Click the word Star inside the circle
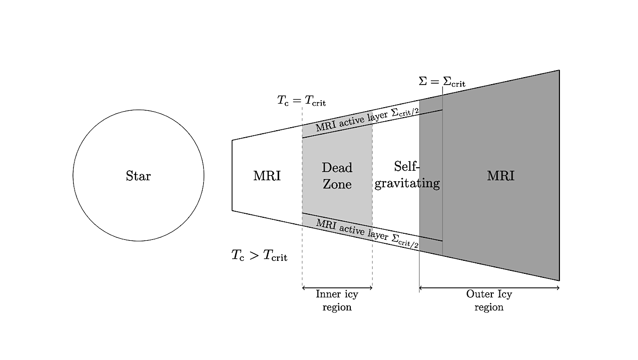point(138,176)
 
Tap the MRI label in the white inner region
point(267,176)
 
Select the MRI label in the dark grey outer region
point(500,176)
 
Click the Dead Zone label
point(337,176)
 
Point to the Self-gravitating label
point(407,175)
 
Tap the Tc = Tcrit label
point(301,101)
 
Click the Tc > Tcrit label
point(259,255)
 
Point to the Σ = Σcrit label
point(442,81)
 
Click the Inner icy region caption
point(337,300)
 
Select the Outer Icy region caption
point(489,300)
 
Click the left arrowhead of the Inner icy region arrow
point(304,288)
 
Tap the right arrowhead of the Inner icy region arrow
point(371,288)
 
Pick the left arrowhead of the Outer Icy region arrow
point(421,288)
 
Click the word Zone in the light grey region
point(337,184)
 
